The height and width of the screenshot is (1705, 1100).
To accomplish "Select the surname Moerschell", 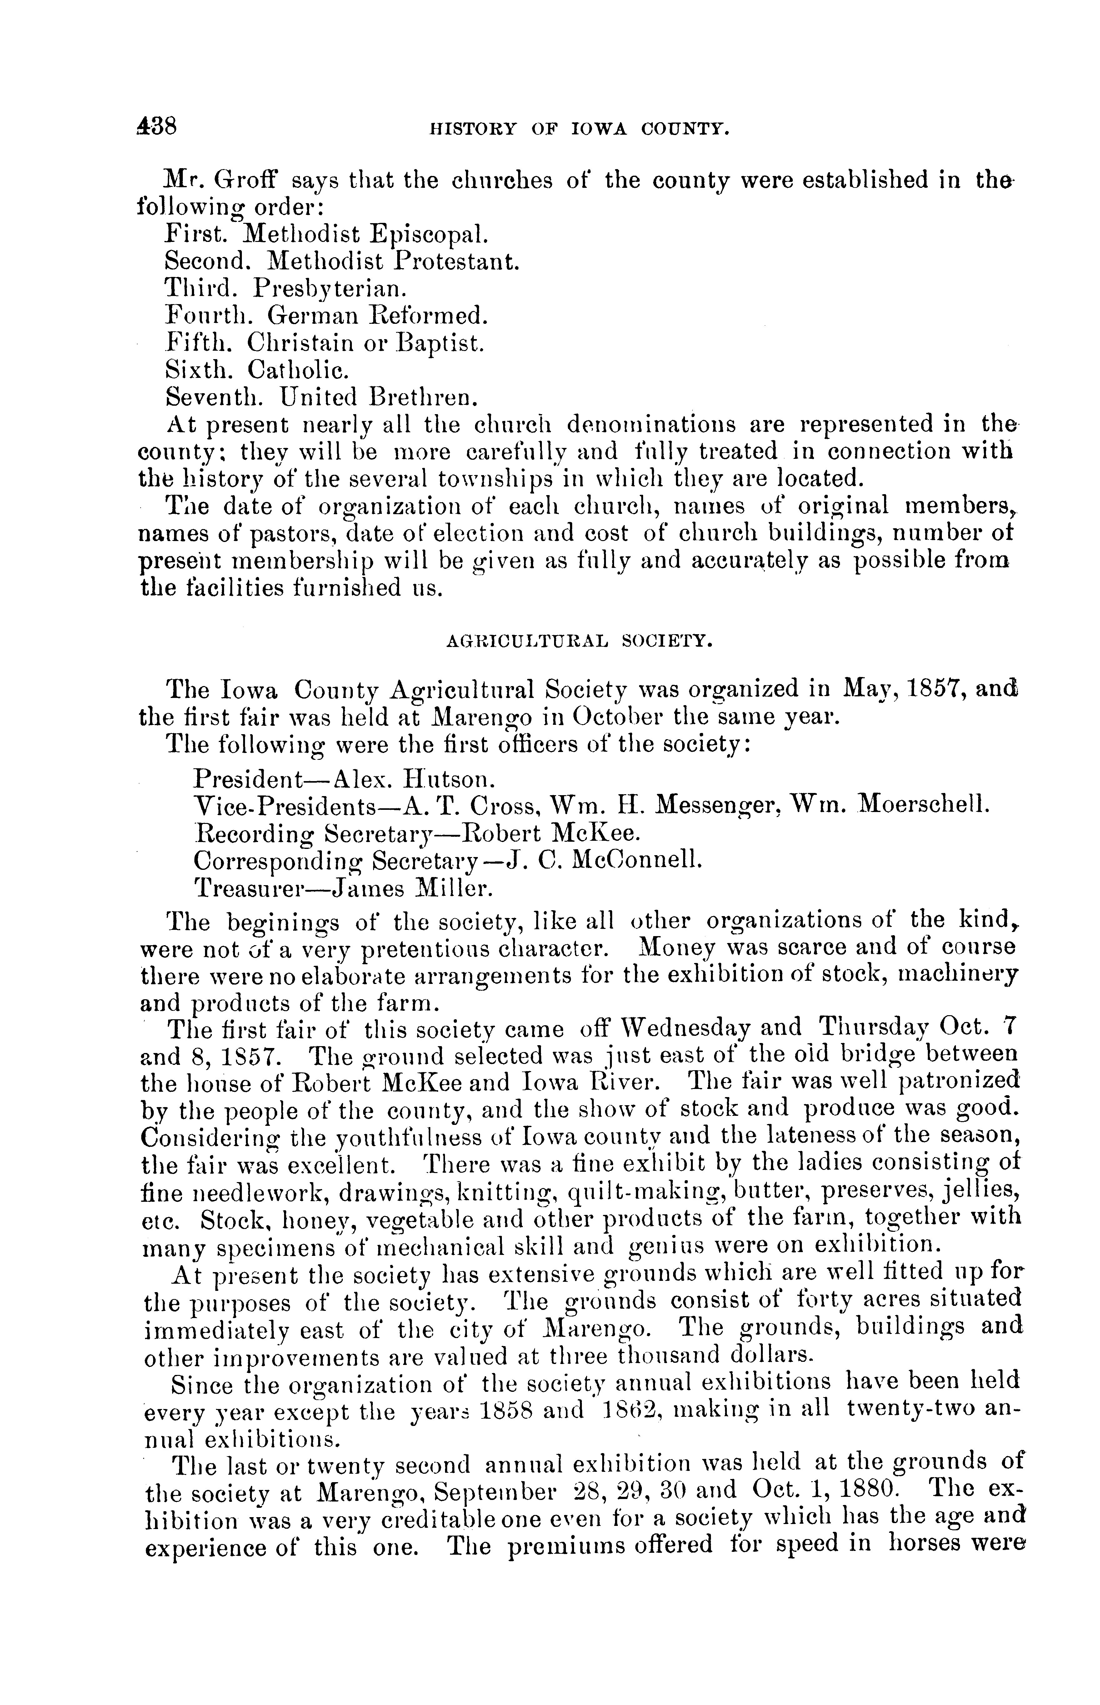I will [x=923, y=805].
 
